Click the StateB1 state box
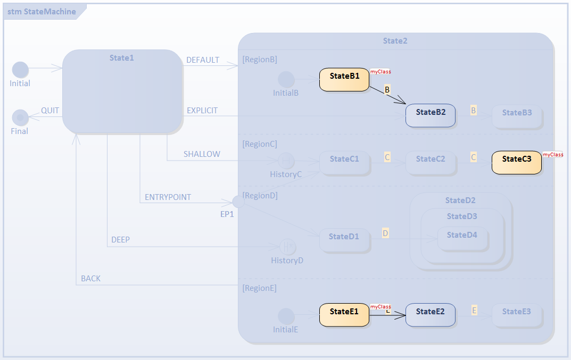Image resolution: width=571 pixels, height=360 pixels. tap(344, 80)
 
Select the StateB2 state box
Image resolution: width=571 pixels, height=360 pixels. tap(430, 115)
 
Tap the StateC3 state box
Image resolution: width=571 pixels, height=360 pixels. tap(516, 163)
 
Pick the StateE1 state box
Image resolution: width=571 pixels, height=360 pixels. tap(344, 315)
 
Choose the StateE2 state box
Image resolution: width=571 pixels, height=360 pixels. tap(430, 315)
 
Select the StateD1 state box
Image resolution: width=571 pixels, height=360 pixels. tap(344, 240)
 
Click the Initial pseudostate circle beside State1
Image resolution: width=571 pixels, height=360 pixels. tap(20, 70)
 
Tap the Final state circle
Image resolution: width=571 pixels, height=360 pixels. tap(20, 118)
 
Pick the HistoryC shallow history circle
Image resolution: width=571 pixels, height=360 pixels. tap(286, 161)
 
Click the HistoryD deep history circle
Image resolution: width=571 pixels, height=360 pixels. tap(287, 247)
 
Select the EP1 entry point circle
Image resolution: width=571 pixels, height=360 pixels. tap(239, 202)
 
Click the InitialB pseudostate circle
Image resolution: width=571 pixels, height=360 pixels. tap(286, 80)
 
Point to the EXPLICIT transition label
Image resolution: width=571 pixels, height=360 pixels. tap(202, 111)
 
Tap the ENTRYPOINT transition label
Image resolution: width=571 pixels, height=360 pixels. tap(168, 197)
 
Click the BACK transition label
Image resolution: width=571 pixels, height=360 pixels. tap(90, 279)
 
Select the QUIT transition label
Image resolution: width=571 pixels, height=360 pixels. tap(50, 111)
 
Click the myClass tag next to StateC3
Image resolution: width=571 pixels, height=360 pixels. tap(553, 155)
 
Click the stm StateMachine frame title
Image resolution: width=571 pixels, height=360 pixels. tap(42, 12)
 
